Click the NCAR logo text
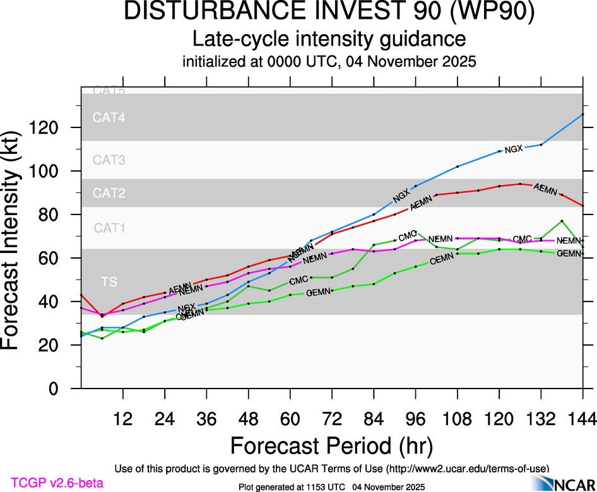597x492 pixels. click(573, 484)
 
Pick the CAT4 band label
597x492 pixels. click(109, 117)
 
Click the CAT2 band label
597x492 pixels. click(109, 193)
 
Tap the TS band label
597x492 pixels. click(109, 282)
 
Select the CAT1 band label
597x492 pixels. click(109, 228)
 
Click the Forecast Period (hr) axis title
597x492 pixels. click(331, 445)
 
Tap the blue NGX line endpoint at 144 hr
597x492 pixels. click(582, 114)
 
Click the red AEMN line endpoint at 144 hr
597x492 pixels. click(582, 206)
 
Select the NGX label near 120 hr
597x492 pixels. click(514, 149)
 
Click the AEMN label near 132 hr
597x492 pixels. click(545, 189)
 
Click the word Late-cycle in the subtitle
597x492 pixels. click(238, 39)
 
